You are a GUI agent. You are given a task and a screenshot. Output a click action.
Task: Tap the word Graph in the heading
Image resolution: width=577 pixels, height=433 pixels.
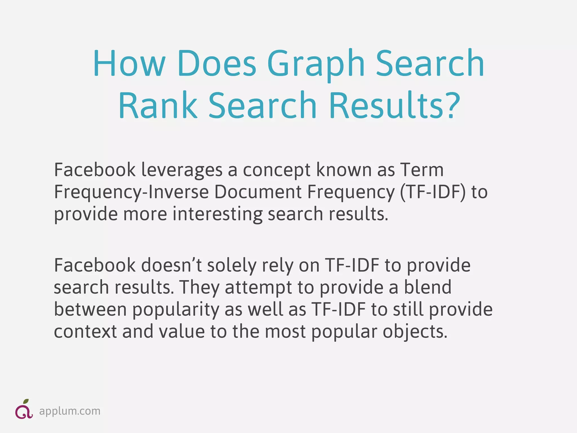pyautogui.click(x=316, y=64)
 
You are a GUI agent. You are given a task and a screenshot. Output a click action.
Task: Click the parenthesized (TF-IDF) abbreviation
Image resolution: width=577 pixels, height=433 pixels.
pyautogui.click(x=433, y=193)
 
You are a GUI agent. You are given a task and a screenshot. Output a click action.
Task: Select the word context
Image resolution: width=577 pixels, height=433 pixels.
pyautogui.click(x=85, y=332)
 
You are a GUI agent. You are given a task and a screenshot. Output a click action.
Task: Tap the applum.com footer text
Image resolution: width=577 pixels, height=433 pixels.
pyautogui.click(x=70, y=411)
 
